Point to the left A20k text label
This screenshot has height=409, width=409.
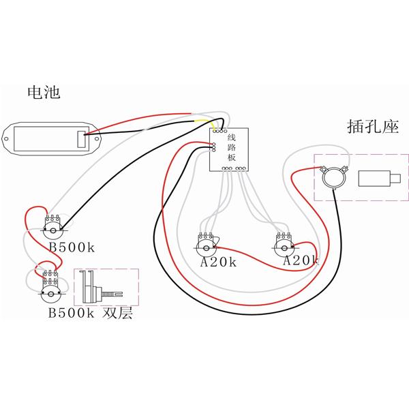tap(217, 262)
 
